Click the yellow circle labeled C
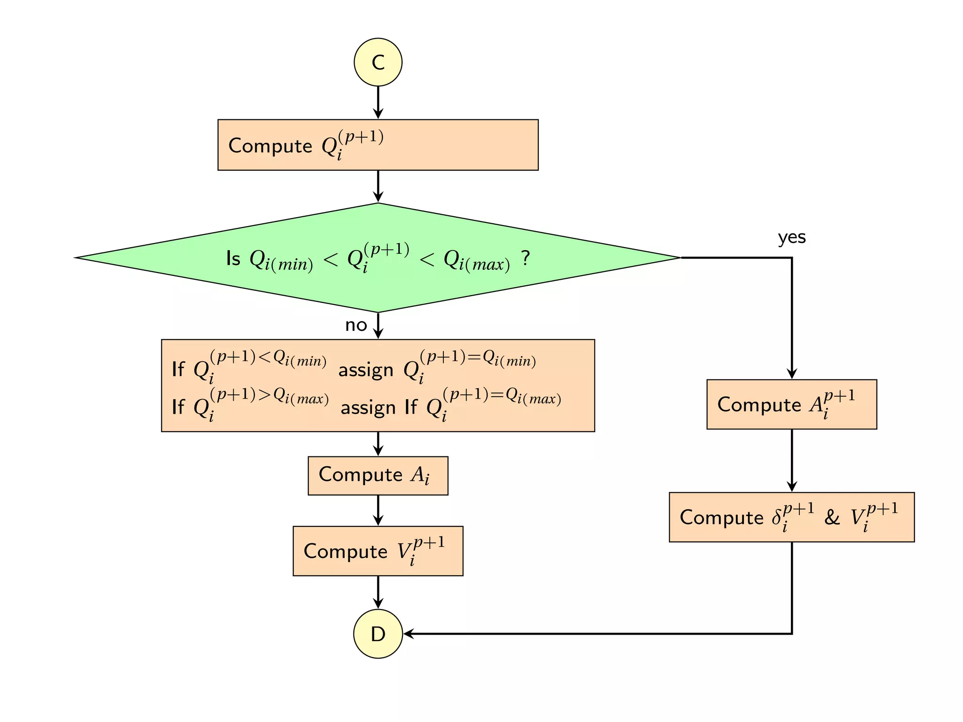pyautogui.click(x=378, y=62)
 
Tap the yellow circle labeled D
pyautogui.click(x=378, y=633)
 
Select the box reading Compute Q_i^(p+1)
pyautogui.click(x=378, y=145)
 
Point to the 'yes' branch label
pyautogui.click(x=791, y=237)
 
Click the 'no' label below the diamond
pyautogui.click(x=356, y=325)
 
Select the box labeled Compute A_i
pyautogui.click(x=378, y=475)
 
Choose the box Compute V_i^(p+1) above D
pyautogui.click(x=378, y=551)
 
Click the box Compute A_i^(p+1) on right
pyautogui.click(x=791, y=404)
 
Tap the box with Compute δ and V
pyautogui.click(x=791, y=517)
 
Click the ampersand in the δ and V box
pyautogui.click(x=831, y=518)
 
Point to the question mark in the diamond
pyautogui.click(x=525, y=258)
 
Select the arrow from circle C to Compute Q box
pyautogui.click(x=378, y=102)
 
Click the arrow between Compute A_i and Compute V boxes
pyautogui.click(x=378, y=510)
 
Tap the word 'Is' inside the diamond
pyautogui.click(x=233, y=259)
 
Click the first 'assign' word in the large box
pyautogui.click(x=365, y=370)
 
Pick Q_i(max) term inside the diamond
pyautogui.click(x=476, y=260)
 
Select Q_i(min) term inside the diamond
pyautogui.click(x=281, y=260)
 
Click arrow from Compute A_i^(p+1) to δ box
pyautogui.click(x=791, y=461)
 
